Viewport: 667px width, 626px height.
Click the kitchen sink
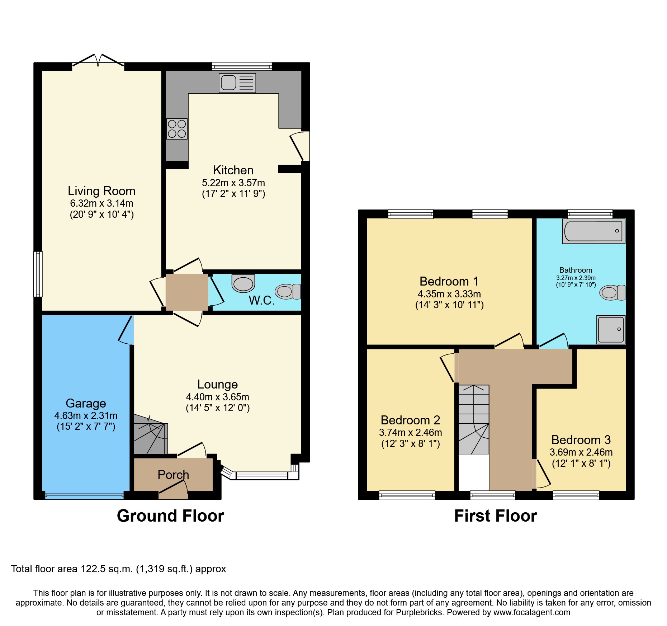(237, 83)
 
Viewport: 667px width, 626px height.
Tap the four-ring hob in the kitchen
(177, 129)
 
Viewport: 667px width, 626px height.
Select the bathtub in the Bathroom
(593, 231)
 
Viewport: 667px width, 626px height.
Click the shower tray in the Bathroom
(611, 329)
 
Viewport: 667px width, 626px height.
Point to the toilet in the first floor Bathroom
(612, 293)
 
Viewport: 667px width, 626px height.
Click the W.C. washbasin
(243, 283)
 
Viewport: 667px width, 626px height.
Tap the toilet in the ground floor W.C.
(288, 291)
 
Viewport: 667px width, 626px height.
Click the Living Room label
(101, 191)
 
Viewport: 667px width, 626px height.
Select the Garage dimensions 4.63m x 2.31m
(86, 416)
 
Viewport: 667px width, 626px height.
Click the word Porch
(173, 475)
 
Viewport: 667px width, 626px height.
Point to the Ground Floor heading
(170, 516)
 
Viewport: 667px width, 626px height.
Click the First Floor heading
(495, 516)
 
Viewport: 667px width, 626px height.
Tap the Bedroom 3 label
(581, 440)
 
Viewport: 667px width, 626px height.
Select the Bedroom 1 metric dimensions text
(449, 294)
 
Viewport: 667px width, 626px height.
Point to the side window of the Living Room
(38, 274)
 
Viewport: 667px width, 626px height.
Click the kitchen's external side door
(301, 146)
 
